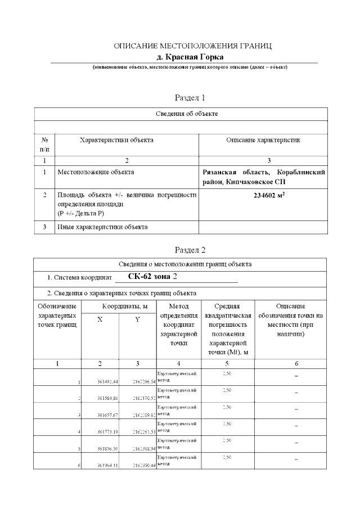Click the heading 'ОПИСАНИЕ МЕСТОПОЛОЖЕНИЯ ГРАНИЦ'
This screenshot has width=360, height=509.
pos(192,46)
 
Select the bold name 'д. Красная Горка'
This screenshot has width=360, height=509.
pos(190,57)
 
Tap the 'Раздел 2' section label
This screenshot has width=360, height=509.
pos(190,249)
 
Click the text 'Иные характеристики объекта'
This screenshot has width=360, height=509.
pos(102,227)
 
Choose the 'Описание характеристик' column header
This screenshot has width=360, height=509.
pos(263,140)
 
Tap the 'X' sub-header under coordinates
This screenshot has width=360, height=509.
pos(100,319)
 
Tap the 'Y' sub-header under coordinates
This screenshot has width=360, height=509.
pos(137,319)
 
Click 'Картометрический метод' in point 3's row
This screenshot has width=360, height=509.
pos(177,409)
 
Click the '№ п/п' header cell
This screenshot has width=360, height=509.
pos(44,144)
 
